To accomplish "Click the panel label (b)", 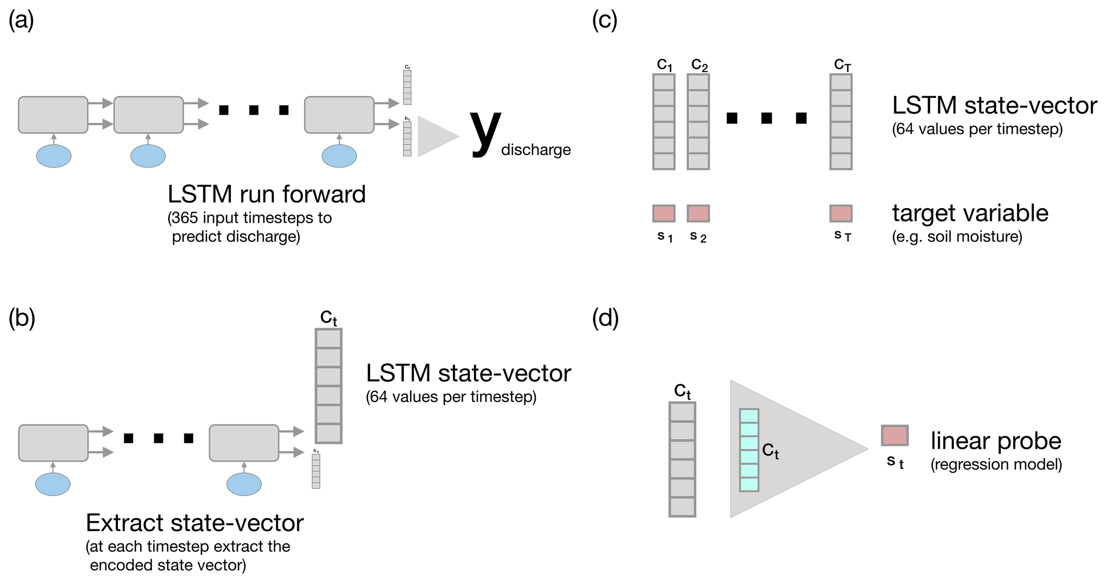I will click(22, 318).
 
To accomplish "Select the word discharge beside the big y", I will click(536, 150).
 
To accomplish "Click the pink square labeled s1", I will click(664, 213).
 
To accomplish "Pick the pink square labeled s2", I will click(698, 213).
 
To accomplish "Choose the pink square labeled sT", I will click(841, 213).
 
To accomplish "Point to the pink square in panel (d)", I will click(894, 436).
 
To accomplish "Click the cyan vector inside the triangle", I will click(749, 450).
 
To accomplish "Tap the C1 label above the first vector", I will click(664, 65).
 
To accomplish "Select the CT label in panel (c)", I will click(842, 65).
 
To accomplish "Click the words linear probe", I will click(996, 441).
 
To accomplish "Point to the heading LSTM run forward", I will click(266, 194).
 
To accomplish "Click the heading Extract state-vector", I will click(194, 523).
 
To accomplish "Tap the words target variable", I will click(970, 213).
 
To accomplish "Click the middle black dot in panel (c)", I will click(766, 118).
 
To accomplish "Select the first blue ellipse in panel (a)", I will click(54, 156).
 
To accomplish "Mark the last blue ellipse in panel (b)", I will click(244, 484).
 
